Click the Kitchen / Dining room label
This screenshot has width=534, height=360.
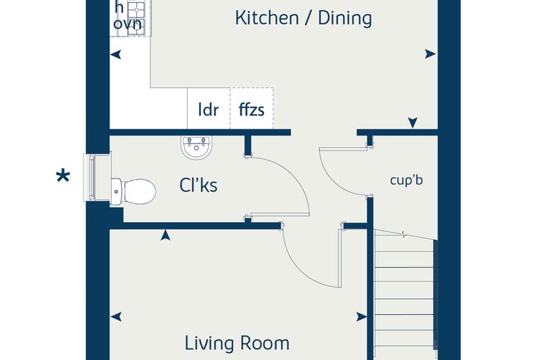(303, 18)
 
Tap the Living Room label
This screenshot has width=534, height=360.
(237, 343)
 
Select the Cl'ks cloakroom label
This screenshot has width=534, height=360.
(198, 185)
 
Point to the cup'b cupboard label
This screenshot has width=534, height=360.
(406, 180)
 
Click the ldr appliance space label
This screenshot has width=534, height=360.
(209, 110)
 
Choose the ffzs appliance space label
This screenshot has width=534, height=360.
(252, 110)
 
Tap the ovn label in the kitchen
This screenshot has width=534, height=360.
(127, 24)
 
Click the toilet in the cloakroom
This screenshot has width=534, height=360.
(133, 191)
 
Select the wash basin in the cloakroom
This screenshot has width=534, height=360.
(196, 147)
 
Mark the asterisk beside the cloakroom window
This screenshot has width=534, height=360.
(63, 176)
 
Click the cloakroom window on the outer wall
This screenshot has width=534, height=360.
(91, 177)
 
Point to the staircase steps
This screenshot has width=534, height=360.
(404, 293)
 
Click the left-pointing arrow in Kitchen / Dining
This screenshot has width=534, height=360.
(116, 54)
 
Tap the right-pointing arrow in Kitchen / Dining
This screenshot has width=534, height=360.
(430, 54)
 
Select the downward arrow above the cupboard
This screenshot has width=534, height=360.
(412, 123)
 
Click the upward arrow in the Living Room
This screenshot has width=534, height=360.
(166, 235)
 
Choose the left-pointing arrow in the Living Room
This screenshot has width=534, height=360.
(116, 316)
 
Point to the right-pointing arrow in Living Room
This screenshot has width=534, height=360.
(362, 317)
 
